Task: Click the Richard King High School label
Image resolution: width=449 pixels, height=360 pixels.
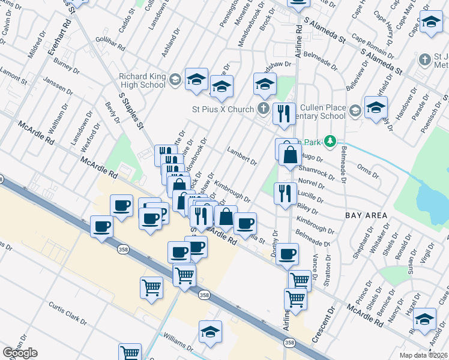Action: pyautogui.click(x=142, y=80)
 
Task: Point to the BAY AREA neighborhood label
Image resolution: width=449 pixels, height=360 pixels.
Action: pyautogui.click(x=363, y=214)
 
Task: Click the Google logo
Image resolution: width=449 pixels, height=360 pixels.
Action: pyautogui.click(x=20, y=353)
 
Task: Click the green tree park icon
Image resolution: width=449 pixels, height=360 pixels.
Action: pyautogui.click(x=329, y=142)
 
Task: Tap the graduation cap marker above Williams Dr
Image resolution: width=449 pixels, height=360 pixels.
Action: pyautogui.click(x=211, y=331)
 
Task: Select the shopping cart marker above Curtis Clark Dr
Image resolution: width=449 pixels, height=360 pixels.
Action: pyautogui.click(x=151, y=287)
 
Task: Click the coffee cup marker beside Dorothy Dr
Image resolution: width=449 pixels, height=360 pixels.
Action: pyautogui.click(x=287, y=253)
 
